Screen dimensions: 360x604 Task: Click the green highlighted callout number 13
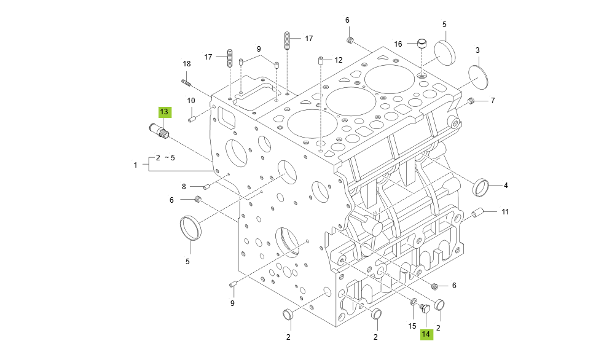165,112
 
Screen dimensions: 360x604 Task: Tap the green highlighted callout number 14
426,334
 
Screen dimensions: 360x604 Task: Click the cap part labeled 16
422,44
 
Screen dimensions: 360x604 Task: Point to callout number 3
477,50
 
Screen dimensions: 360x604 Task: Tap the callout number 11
504,212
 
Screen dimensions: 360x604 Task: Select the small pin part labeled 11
479,214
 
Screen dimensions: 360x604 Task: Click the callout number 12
338,60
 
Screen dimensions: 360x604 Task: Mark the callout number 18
187,64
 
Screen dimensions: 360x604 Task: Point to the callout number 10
191,100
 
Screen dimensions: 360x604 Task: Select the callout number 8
183,186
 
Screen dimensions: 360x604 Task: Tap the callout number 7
492,100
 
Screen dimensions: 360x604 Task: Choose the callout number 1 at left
136,165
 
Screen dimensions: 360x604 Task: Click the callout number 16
398,44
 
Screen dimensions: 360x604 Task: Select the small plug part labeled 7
472,101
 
